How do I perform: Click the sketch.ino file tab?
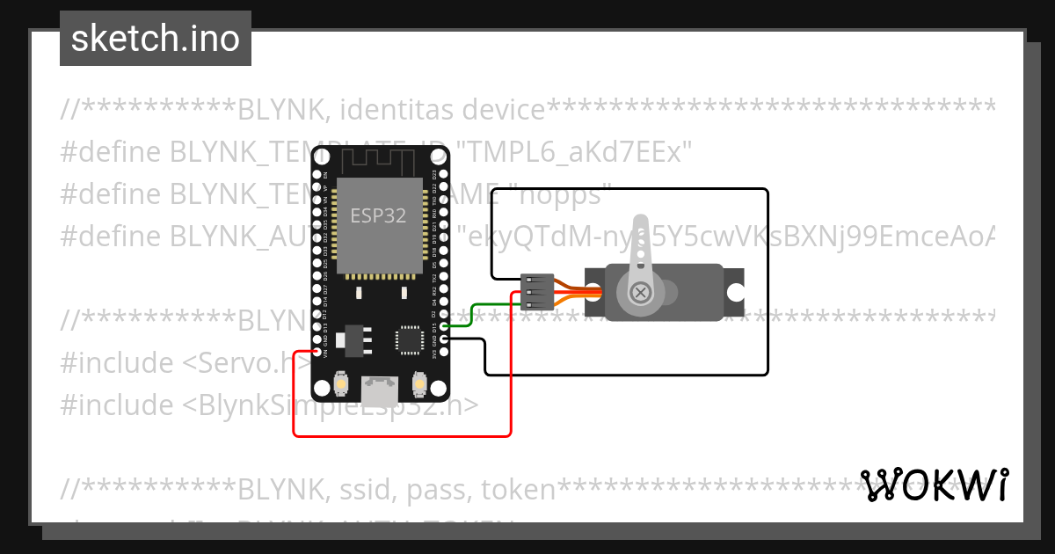(x=156, y=39)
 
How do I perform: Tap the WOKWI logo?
(x=934, y=485)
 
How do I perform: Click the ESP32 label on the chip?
(x=378, y=215)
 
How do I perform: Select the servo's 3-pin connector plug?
(x=535, y=292)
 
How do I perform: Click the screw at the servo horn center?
(x=641, y=292)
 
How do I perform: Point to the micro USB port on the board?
(x=380, y=386)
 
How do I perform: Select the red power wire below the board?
(x=401, y=434)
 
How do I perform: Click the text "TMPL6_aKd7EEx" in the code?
(x=575, y=152)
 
